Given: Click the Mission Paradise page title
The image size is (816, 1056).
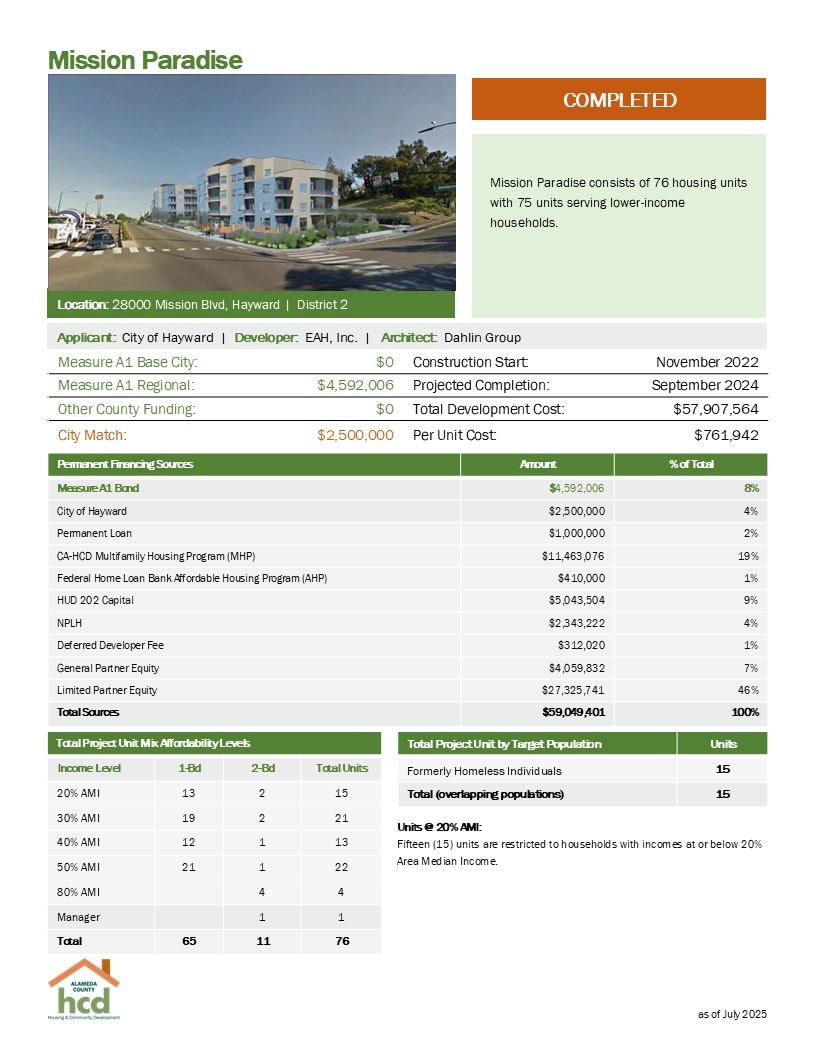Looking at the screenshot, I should pos(145,59).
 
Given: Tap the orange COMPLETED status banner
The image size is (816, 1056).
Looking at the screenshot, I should pos(619,100).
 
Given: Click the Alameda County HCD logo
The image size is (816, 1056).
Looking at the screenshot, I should pos(84,989).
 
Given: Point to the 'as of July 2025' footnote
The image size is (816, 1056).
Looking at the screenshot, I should pos(731,1014).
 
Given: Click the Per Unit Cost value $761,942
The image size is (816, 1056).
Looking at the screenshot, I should pos(726,435).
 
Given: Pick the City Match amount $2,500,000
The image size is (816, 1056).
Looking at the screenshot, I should pos(355,435).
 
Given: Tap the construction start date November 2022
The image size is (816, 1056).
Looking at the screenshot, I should pos(707,361).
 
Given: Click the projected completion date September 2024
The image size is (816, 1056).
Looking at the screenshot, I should pos(705,385).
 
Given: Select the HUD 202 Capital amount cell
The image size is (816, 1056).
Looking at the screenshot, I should pos(570,600).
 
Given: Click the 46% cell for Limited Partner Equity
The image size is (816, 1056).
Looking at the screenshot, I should pos(748,690).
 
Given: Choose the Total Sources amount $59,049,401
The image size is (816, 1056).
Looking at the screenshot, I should pos(568,712).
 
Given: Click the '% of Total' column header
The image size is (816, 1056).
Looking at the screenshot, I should pos(690,464).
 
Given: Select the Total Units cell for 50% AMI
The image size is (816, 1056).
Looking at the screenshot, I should pos(342,865).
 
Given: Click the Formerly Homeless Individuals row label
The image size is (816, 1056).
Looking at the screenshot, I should pos(485,771).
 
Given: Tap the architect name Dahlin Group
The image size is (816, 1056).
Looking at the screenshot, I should pos(482,337).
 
